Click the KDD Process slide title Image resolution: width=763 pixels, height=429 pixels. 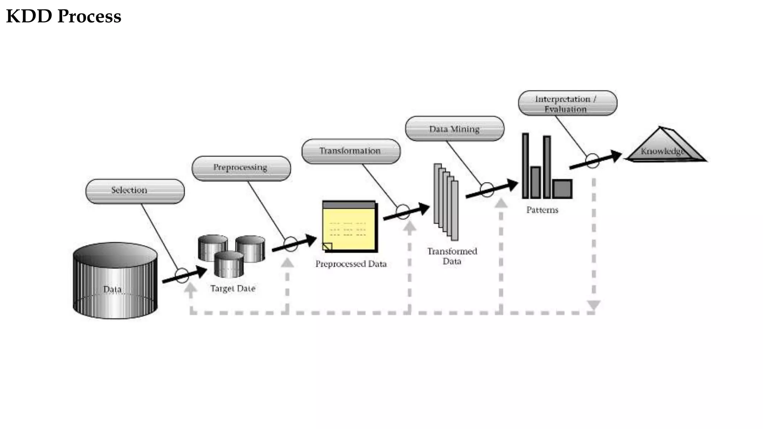64,16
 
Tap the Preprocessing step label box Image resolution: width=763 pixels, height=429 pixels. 241,168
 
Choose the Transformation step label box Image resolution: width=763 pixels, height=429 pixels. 351,151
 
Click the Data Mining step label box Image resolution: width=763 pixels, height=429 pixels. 455,129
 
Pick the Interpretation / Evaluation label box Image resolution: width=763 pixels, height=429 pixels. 567,103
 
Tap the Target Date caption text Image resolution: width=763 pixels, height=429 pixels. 233,289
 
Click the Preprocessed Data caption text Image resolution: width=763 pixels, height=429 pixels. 351,264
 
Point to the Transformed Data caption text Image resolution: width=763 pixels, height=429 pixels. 452,256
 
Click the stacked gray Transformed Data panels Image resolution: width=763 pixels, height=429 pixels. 446,202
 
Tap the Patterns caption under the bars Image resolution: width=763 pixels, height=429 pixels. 542,210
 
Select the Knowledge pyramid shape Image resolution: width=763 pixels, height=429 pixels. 665,147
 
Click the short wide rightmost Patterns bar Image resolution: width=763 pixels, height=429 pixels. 562,189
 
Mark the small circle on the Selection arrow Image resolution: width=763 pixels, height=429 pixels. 182,276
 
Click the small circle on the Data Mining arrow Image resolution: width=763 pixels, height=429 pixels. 487,190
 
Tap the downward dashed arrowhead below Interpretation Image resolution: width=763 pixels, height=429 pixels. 593,305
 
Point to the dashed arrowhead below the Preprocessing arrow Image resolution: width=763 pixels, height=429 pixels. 287,263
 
